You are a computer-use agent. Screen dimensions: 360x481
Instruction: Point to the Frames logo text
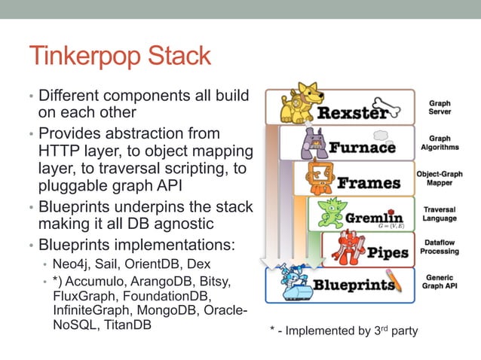coord(369,183)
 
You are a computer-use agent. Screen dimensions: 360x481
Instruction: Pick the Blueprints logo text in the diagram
coord(354,285)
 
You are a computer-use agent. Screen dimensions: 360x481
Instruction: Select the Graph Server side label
coord(440,107)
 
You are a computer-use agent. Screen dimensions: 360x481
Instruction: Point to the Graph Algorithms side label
coord(440,143)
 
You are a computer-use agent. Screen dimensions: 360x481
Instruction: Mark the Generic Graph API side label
coord(440,282)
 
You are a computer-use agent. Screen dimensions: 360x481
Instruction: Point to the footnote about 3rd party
coord(342,331)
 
